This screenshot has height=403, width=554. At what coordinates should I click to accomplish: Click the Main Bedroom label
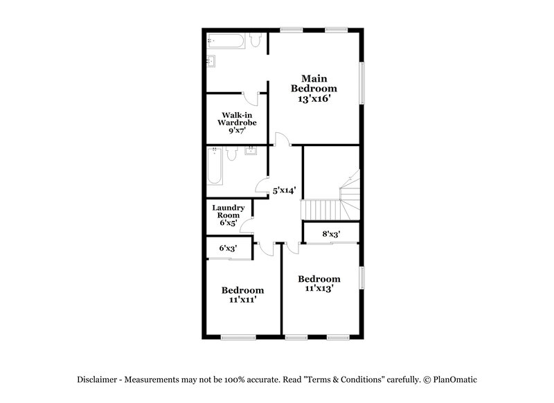pos(314,83)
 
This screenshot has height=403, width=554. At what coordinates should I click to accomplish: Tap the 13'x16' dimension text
pos(314,99)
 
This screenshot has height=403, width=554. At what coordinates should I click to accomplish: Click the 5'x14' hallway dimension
pos(285,189)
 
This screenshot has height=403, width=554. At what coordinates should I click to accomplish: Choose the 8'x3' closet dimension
pos(331,234)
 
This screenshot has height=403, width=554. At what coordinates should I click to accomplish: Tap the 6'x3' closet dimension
pos(229,247)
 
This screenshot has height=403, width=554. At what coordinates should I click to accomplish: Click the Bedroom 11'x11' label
pos(242,294)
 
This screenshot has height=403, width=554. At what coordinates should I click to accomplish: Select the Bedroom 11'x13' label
pos(319,283)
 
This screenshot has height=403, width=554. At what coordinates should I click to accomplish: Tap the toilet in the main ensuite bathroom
pos(256,44)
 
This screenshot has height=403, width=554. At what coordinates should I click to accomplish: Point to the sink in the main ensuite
pos(213,61)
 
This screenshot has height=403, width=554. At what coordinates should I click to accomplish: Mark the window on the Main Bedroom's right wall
pos(362,84)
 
